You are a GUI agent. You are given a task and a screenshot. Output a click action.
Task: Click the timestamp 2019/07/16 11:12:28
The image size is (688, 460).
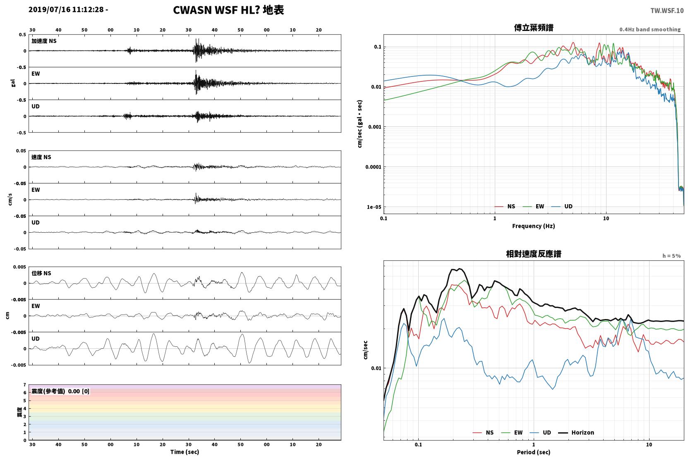[x=66, y=10]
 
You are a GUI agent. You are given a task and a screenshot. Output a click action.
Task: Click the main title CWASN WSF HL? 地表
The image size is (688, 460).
[x=228, y=10]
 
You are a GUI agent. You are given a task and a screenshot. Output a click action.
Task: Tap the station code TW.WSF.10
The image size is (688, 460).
[x=667, y=10]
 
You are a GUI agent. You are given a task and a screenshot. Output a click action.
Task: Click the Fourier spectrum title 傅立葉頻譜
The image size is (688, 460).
[x=534, y=28]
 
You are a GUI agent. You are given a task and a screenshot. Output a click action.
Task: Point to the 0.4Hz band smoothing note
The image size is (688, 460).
[x=650, y=29]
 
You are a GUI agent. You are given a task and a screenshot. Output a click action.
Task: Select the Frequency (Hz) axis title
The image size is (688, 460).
[x=534, y=226]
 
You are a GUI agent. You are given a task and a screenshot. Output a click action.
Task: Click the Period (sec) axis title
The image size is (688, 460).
[x=534, y=452]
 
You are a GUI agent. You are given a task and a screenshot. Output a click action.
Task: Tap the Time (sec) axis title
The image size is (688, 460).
[x=185, y=452]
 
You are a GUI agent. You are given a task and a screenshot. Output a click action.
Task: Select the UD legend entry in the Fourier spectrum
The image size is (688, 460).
[x=562, y=206]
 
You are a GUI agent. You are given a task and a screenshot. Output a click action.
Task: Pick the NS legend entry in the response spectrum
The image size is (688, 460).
[x=483, y=432]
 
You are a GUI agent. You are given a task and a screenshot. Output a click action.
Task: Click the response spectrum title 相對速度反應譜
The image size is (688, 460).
[x=534, y=254]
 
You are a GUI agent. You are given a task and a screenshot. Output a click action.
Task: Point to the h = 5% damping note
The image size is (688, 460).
[x=671, y=255]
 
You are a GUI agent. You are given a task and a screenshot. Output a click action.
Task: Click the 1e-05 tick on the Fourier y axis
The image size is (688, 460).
[x=374, y=207]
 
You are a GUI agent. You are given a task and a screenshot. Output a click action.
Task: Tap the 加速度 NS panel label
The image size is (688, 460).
[x=44, y=41]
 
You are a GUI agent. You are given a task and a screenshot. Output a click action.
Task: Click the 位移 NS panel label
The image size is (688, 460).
[x=41, y=273]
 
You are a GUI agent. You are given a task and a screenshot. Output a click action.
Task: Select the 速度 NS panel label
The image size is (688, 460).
[x=41, y=157]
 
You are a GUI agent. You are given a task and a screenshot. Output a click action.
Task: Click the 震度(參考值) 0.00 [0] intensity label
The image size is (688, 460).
[x=60, y=391]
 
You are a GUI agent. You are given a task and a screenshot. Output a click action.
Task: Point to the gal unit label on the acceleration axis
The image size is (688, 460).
[x=13, y=83]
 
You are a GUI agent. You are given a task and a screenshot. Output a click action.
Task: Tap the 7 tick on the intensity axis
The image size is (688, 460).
[x=25, y=385]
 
